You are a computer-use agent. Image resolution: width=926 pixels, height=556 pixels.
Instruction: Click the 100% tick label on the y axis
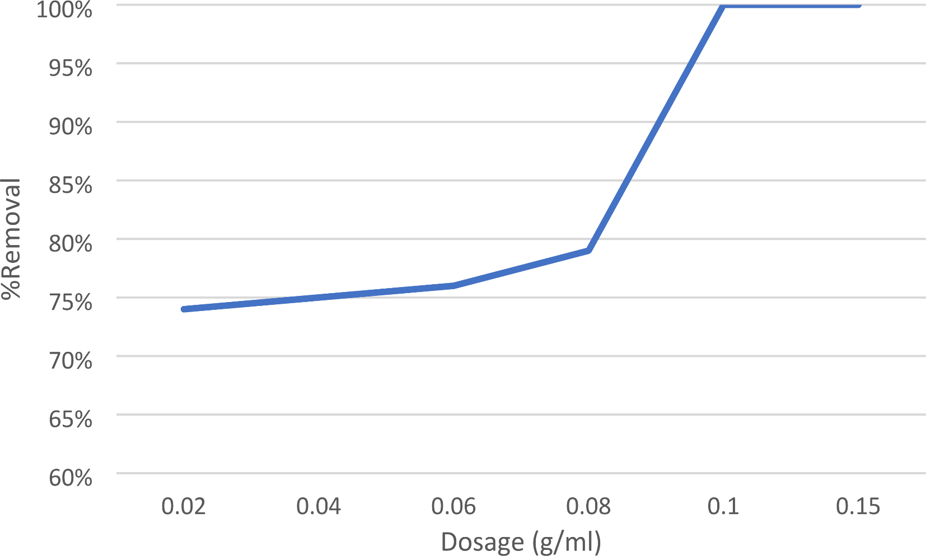point(64,9)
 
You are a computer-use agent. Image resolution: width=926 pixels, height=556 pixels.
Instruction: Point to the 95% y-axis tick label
point(70,68)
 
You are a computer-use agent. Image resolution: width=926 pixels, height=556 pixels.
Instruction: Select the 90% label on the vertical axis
point(70,126)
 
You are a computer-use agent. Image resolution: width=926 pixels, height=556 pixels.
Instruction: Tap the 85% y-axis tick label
point(70,185)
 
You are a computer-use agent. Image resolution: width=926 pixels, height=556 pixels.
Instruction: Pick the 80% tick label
point(70,243)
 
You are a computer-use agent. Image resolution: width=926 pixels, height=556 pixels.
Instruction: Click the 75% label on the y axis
point(70,302)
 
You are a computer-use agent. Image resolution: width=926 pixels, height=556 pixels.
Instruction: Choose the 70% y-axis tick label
point(70,360)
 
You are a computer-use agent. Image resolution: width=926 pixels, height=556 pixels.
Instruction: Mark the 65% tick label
point(70,419)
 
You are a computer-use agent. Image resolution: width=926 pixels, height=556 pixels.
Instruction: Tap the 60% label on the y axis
point(70,478)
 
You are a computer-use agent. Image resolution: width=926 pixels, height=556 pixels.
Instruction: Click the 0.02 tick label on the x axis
point(184,507)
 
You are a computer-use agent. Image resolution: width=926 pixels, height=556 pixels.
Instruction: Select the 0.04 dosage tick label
point(319,507)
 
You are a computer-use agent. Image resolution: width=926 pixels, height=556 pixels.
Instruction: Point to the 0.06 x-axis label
point(453,507)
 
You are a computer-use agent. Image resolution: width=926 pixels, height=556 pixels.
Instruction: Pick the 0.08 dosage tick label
point(588,507)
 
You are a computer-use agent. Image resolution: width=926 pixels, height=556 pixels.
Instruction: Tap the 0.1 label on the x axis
point(723,507)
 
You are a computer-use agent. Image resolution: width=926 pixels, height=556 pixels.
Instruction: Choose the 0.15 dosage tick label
point(858,507)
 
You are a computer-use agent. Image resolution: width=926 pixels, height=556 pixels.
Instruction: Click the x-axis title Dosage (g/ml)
point(521,542)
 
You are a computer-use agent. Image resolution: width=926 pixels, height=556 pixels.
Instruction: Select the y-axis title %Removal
point(11,239)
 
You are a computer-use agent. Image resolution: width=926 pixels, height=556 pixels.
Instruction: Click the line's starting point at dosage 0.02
point(184,309)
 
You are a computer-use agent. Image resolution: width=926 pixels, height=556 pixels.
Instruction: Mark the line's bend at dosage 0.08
point(588,250)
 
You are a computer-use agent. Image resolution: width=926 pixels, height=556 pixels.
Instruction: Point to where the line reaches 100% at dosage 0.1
point(723,5)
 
